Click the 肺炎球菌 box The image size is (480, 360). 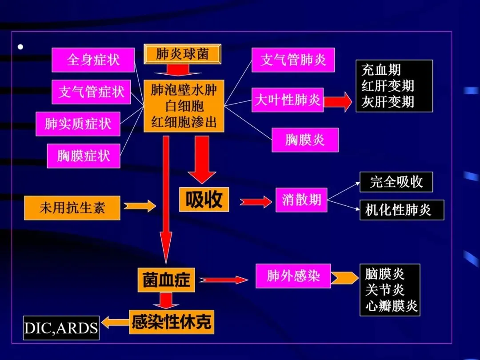182,54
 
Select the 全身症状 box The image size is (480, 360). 93,60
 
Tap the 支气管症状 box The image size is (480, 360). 92,92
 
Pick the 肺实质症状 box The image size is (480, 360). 78,124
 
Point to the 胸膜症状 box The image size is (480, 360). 84,156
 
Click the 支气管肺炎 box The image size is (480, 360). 293,60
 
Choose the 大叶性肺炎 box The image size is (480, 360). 287,100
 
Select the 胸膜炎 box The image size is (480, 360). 305,140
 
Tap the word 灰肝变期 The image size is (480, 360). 388,102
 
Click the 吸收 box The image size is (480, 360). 204,200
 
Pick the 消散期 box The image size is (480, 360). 301,200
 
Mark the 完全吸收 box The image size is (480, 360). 396,182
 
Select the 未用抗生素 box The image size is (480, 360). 72,208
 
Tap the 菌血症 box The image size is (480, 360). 166,280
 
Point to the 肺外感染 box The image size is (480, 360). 293,276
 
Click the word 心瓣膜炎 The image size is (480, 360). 391,306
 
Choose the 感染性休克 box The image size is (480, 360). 172,322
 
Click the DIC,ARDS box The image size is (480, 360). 61,328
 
